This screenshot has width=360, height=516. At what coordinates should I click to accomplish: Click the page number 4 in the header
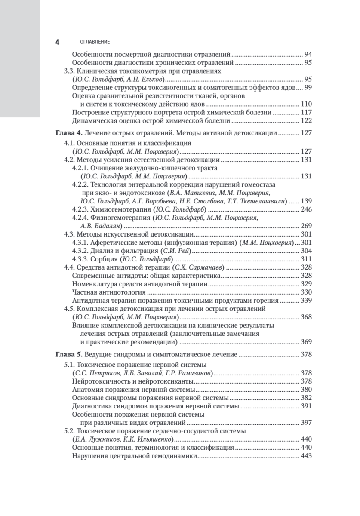(x=57, y=42)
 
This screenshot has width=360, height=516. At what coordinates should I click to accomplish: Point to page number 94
(x=308, y=55)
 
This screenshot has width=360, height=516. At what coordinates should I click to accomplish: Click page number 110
(x=305, y=104)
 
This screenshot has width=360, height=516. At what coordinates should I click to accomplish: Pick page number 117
(x=305, y=112)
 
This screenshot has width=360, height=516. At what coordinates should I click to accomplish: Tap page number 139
(x=305, y=201)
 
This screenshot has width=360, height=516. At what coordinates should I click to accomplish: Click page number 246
(x=305, y=209)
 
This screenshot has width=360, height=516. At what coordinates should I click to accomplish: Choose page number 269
(x=305, y=225)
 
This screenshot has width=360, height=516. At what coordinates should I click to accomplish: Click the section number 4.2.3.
(x=80, y=209)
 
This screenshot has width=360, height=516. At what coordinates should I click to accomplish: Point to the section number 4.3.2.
(x=80, y=250)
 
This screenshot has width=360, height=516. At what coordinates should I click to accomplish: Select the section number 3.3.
(x=69, y=71)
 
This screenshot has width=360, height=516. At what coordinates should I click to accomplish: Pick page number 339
(x=305, y=300)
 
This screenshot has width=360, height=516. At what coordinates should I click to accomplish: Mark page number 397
(x=305, y=423)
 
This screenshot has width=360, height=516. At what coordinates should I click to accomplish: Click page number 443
(x=305, y=456)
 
